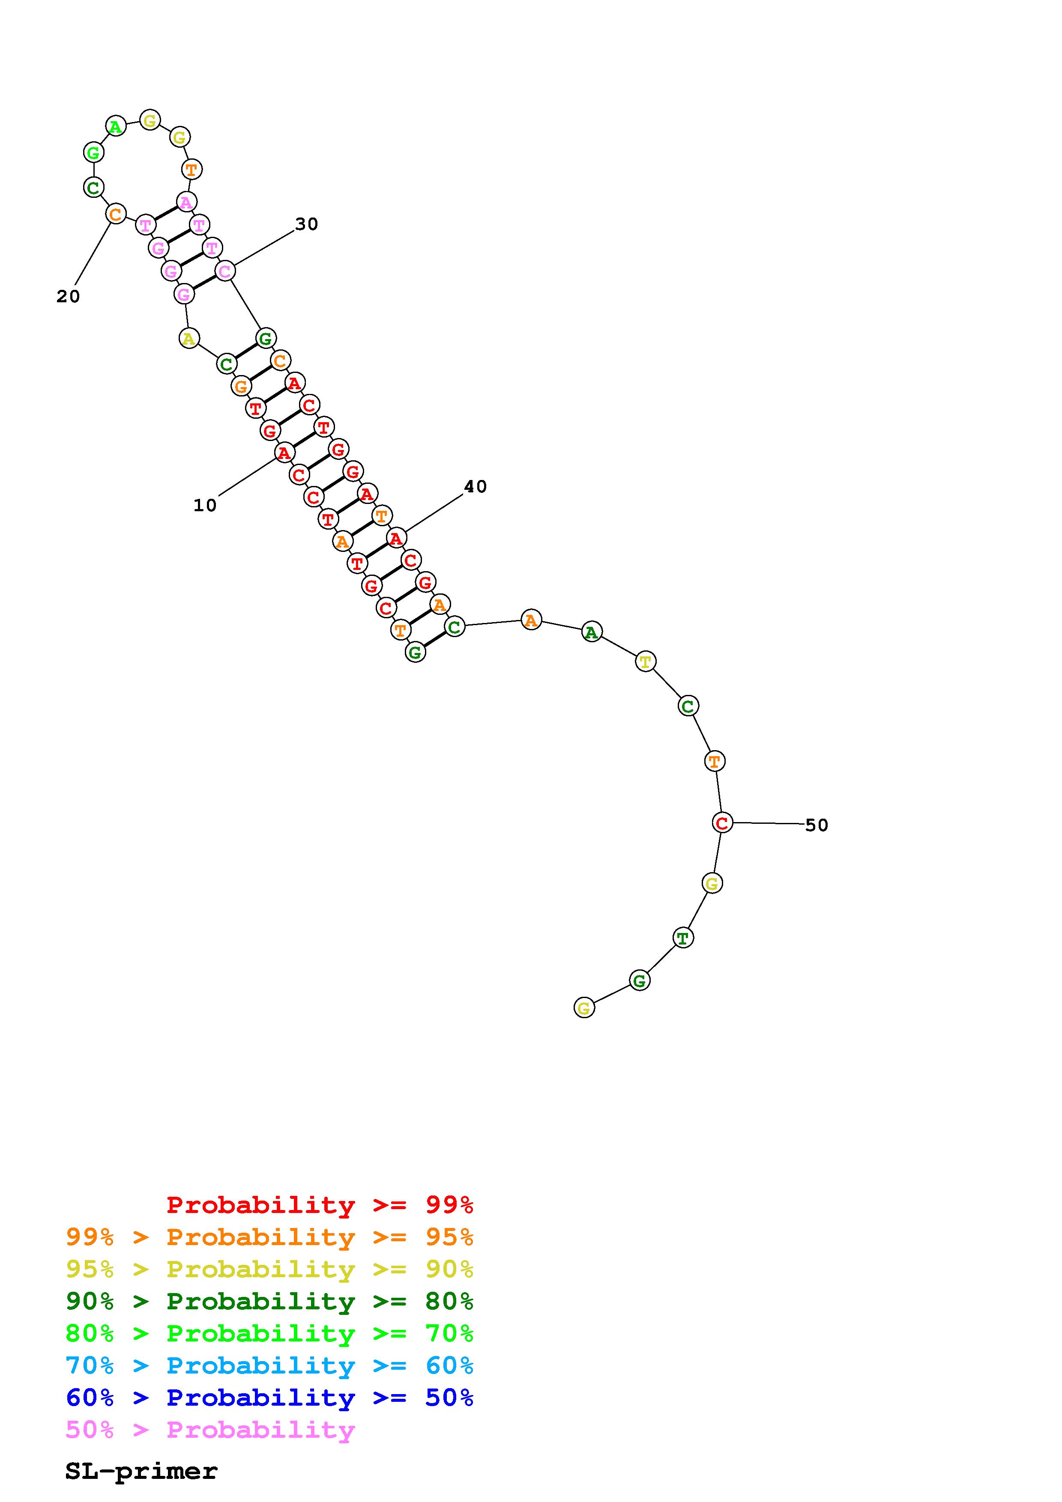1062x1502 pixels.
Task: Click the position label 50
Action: tap(817, 826)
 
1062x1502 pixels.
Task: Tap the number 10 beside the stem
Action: tap(205, 505)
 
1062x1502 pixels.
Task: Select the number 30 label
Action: tap(306, 224)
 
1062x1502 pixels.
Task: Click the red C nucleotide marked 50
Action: tap(722, 823)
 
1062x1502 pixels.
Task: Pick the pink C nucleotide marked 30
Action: tap(225, 271)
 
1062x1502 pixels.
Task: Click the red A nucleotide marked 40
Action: tap(396, 538)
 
